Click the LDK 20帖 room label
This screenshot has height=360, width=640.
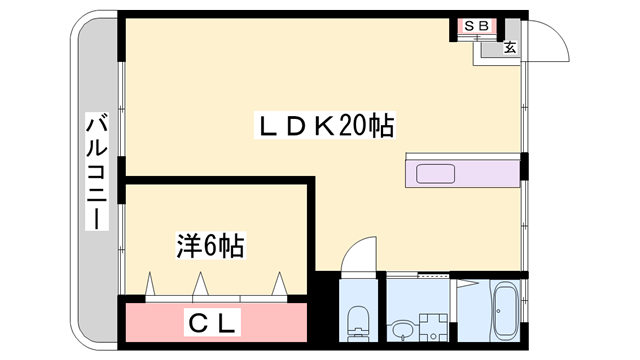(x=325, y=125)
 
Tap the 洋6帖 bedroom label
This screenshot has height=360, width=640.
(x=211, y=245)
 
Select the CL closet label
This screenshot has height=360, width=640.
(x=212, y=322)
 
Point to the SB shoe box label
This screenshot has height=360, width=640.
(x=476, y=26)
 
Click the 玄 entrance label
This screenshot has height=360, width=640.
(x=510, y=47)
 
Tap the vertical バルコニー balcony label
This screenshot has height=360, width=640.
(x=97, y=171)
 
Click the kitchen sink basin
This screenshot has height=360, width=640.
(x=435, y=174)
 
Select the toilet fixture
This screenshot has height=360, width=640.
(x=358, y=323)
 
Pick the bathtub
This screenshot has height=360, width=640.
(x=505, y=311)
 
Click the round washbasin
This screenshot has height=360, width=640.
(x=402, y=329)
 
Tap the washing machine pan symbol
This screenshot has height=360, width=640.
(x=433, y=327)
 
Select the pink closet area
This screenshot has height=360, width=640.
(x=216, y=322)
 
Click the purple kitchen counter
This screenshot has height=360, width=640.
(x=462, y=174)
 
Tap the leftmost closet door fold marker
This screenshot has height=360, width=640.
(x=150, y=283)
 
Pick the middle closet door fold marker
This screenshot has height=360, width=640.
(x=200, y=283)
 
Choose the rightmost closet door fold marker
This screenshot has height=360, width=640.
(x=280, y=283)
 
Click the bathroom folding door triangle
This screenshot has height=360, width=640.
(x=468, y=283)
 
